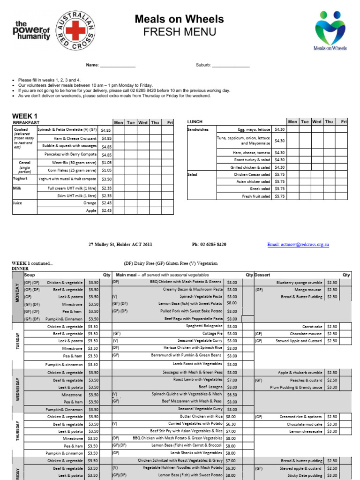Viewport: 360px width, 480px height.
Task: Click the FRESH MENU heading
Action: [x=180, y=32]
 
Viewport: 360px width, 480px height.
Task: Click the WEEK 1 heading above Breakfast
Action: [x=24, y=116]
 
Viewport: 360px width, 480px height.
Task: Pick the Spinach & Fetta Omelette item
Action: [x=67, y=130]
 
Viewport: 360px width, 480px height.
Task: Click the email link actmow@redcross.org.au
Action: [x=298, y=245]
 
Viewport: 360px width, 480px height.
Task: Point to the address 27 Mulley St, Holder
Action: [x=120, y=245]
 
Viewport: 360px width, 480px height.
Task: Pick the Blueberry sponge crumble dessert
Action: [x=300, y=283]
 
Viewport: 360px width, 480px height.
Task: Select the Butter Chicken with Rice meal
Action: [x=201, y=416]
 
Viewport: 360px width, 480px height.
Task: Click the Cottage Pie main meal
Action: [x=212, y=333]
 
